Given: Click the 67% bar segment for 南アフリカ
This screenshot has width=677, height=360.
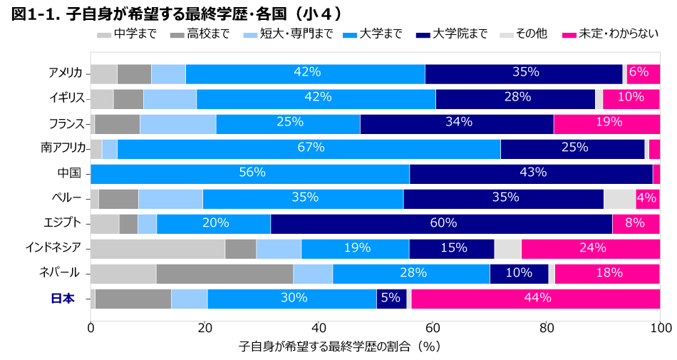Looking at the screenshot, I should (309, 148).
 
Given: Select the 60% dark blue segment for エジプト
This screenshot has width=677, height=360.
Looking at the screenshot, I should (441, 223).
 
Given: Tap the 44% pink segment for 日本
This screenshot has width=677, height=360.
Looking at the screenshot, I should (535, 299).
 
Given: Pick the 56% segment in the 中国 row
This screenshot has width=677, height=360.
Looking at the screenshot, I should (250, 173).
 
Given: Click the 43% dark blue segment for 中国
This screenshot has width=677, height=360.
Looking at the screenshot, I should (531, 173).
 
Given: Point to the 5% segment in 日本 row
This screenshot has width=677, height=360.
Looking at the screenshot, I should (391, 299).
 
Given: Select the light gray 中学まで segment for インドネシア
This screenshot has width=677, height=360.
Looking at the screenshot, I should (157, 248).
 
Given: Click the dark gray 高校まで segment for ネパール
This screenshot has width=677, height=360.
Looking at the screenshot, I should (224, 273).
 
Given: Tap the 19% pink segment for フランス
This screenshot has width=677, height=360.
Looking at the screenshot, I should (606, 123).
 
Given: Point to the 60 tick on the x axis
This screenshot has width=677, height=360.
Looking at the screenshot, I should (433, 328).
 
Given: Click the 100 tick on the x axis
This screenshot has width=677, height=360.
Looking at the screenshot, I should (660, 328).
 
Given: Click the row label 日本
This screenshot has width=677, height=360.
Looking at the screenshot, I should (63, 299).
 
